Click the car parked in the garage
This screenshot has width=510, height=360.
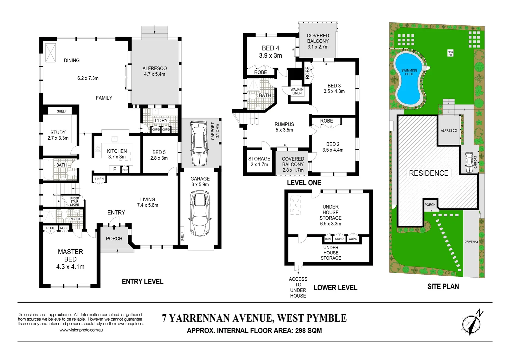pos(200,213)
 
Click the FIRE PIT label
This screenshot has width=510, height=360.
pos(450,53)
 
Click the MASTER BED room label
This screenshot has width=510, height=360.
pos(70,255)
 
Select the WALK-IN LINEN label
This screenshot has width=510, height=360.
pos(297,91)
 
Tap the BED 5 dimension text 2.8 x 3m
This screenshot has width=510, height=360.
pos(159,158)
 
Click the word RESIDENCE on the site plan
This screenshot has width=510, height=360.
pos(429,173)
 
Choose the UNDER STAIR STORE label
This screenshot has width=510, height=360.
pos(74,201)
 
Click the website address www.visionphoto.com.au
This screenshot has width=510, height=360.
pos(81,330)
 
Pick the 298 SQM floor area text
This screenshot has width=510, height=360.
pos(309,331)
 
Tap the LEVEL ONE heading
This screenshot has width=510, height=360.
pos(304,183)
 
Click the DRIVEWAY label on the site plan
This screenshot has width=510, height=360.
pos(471,242)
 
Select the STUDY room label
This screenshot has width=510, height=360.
pos(58,132)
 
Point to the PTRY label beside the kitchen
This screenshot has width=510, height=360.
pos(125,170)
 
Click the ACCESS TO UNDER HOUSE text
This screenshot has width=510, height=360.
pos(298,287)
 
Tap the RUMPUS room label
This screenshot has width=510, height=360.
pos(284,124)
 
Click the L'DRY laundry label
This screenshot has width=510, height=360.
pos(161,120)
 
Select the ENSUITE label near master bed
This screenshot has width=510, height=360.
pos(75,219)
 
